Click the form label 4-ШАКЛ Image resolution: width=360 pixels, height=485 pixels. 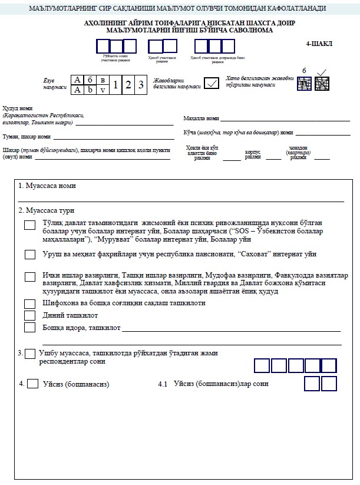point(319,44)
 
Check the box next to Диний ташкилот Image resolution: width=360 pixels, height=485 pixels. point(29,315)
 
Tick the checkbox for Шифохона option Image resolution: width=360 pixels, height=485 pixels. point(29,303)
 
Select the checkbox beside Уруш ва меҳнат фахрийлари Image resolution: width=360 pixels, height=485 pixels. point(29,255)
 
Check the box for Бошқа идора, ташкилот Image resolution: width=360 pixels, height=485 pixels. point(29,328)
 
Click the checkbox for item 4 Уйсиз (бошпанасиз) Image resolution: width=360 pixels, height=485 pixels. point(33,384)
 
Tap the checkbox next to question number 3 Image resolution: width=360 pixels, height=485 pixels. point(30,354)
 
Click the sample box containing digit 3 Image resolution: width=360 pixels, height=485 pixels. point(140,84)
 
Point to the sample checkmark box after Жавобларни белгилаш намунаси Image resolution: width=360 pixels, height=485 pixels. point(211,84)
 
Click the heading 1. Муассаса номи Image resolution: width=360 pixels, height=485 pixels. point(47,186)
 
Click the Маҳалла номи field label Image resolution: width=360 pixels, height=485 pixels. point(202,118)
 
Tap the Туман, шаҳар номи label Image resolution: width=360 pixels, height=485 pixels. point(27,137)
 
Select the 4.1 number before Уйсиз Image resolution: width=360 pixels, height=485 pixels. point(163,384)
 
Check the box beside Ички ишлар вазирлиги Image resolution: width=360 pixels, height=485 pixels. point(29,277)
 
